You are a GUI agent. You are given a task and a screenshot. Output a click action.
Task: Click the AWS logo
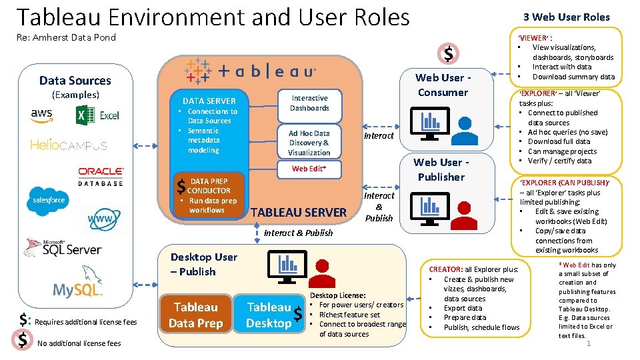(41, 115)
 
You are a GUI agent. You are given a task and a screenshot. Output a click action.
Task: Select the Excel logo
(97, 115)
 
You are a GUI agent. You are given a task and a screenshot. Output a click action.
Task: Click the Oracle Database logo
(101, 176)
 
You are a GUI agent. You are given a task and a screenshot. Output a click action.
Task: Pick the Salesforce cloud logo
(49, 199)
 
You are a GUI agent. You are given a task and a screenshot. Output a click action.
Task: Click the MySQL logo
(78, 289)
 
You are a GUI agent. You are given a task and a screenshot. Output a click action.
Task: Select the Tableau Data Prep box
(195, 315)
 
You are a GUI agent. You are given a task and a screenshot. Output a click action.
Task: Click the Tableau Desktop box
(269, 315)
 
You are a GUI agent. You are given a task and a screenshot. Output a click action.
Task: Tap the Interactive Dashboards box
(309, 103)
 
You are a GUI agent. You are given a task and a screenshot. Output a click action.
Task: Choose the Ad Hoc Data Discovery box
(309, 143)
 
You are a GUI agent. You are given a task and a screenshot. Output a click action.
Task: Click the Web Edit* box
(309, 169)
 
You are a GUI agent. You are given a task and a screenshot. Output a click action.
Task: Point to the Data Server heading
(209, 101)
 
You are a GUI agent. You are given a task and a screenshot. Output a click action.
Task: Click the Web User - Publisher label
(441, 169)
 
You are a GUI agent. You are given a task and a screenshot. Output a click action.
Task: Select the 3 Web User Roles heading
(566, 17)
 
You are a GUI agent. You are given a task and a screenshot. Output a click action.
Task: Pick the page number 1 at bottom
(589, 343)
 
